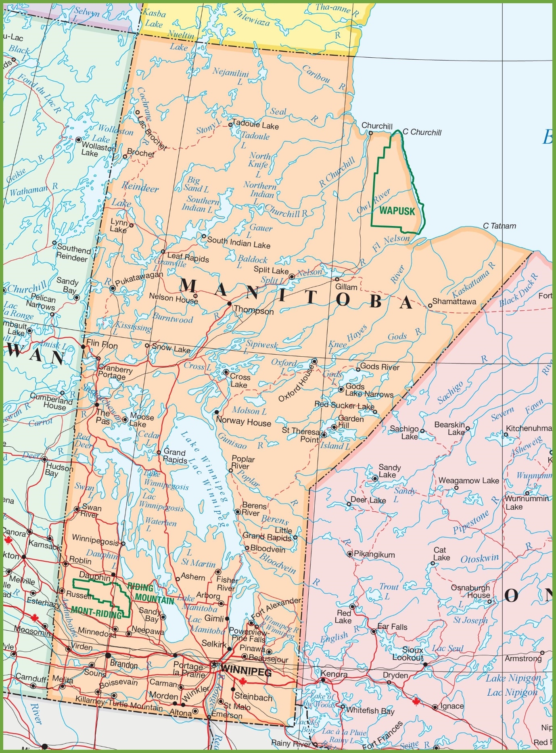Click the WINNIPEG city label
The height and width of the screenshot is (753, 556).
(246, 672)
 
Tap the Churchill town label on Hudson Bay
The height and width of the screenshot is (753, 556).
(377, 126)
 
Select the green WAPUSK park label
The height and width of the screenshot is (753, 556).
(397, 211)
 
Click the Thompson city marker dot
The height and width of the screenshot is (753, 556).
(230, 303)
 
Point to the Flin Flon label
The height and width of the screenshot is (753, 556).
(102, 345)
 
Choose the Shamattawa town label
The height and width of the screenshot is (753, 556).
(454, 301)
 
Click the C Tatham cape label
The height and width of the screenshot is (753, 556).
(500, 226)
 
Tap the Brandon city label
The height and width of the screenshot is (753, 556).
(123, 664)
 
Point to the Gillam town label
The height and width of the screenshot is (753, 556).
(346, 287)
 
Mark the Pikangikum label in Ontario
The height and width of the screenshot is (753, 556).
(374, 554)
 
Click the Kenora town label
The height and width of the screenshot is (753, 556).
(334, 674)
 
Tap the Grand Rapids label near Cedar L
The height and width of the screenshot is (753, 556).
(175, 456)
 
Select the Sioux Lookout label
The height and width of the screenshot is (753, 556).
(408, 654)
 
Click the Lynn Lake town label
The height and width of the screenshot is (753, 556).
(119, 226)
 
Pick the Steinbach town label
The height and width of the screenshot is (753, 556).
(253, 697)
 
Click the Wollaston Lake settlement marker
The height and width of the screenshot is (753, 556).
(79, 140)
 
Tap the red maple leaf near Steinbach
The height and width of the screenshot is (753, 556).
(242, 681)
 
